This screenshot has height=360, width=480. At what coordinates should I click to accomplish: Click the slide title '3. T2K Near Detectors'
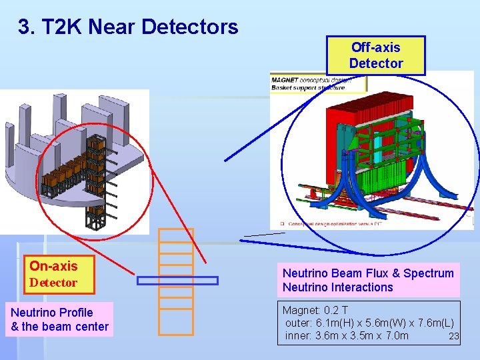tap(128, 27)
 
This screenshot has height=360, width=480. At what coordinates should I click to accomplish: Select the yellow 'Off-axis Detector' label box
tap(376, 55)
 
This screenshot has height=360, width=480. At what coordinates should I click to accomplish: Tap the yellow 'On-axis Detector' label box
tap(59, 274)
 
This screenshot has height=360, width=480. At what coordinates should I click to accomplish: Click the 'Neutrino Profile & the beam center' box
tap(60, 319)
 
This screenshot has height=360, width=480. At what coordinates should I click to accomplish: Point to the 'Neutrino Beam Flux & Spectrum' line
tap(368, 273)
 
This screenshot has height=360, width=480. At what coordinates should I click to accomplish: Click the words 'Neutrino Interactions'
tap(338, 287)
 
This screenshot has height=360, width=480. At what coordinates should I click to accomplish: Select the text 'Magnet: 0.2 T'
tap(315, 311)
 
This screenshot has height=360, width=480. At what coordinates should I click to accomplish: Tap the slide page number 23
tap(454, 336)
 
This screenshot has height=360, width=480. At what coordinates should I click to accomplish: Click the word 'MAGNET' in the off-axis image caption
tap(285, 81)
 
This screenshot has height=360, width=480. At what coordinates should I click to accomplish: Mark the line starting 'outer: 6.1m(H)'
tap(369, 323)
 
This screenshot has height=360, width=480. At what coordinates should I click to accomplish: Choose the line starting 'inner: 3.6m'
tap(347, 335)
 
